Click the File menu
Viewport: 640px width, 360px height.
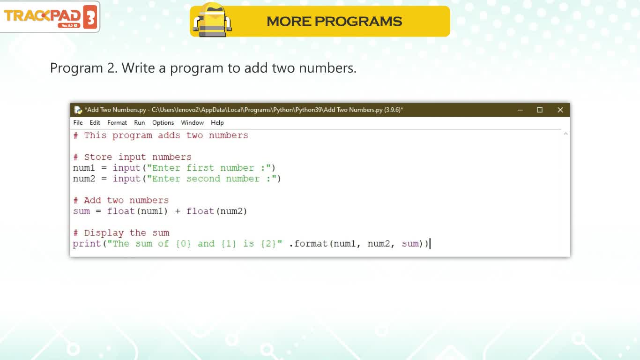click(x=78, y=123)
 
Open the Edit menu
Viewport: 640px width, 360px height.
click(x=95, y=123)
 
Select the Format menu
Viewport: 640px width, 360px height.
click(x=117, y=123)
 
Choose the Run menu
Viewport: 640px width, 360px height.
click(x=140, y=123)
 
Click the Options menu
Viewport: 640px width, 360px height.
click(x=163, y=123)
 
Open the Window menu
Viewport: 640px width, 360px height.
click(x=192, y=123)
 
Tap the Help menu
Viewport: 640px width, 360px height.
click(x=217, y=123)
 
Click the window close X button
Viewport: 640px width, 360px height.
click(x=560, y=110)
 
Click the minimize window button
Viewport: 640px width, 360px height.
click(x=520, y=110)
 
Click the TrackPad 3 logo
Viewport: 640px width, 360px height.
click(x=50, y=16)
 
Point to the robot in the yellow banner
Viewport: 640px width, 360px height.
click(x=212, y=20)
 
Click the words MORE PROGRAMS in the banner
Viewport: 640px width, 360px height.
click(x=334, y=22)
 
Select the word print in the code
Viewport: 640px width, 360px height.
click(x=87, y=244)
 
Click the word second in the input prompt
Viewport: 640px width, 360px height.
click(x=203, y=179)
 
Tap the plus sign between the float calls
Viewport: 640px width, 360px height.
click(x=178, y=211)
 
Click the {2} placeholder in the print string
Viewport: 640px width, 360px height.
click(x=268, y=244)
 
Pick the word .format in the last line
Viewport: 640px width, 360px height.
click(x=308, y=244)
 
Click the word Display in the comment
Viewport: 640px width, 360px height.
click(x=104, y=233)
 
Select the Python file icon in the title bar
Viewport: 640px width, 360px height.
click(x=78, y=110)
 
